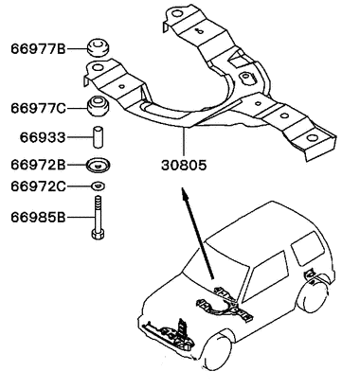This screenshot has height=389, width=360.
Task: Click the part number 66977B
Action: click(38, 49)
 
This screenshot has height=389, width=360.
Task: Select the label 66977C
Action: click(38, 109)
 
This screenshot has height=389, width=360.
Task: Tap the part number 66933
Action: click(43, 137)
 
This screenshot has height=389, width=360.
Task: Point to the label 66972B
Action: click(38, 165)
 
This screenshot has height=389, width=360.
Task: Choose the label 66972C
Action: click(38, 186)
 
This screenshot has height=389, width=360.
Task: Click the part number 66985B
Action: click(38, 217)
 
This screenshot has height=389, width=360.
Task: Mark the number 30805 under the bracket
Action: click(184, 165)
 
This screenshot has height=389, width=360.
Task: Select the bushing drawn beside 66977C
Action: click(99, 106)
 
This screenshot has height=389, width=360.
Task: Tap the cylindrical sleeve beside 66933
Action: click(99, 136)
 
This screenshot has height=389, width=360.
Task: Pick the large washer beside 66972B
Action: click(99, 165)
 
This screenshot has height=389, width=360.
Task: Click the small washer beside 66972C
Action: click(99, 186)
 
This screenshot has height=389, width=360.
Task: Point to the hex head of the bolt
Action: click(98, 235)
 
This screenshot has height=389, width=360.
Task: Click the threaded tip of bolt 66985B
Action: click(99, 200)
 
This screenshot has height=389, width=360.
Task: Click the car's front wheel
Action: click(218, 351)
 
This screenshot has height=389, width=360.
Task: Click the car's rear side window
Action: click(309, 249)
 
